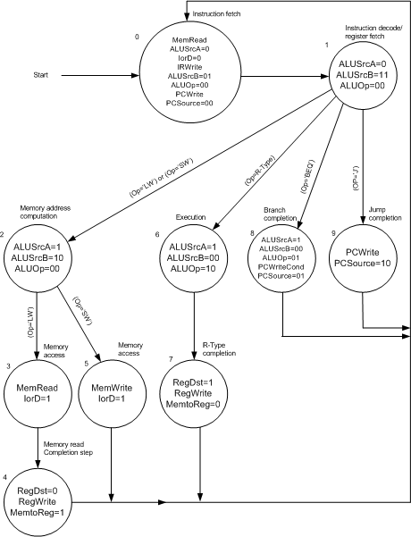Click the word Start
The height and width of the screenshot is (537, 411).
tap(41, 75)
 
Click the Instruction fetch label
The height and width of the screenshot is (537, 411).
tap(216, 14)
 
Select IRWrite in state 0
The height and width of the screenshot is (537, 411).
tap(189, 67)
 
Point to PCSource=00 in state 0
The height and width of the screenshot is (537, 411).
tap(189, 103)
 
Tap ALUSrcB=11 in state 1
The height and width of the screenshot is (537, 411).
tap(362, 75)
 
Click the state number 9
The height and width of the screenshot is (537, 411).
tap(333, 233)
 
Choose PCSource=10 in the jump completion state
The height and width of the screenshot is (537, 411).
tap(362, 264)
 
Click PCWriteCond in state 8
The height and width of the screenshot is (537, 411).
tap(281, 267)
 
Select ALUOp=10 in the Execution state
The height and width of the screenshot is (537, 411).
tap(193, 269)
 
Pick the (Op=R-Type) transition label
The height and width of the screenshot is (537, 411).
tap(260, 170)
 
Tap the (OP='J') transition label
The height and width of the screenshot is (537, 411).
tap(356, 180)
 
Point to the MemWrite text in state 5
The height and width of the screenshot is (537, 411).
tap(112, 388)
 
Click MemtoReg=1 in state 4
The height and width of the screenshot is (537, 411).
tap(37, 513)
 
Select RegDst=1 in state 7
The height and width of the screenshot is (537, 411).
tap(193, 382)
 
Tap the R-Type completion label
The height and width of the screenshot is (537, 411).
tap(219, 349)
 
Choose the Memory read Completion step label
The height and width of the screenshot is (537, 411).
tap(68, 449)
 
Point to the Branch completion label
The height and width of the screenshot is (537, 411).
tap(280, 214)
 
